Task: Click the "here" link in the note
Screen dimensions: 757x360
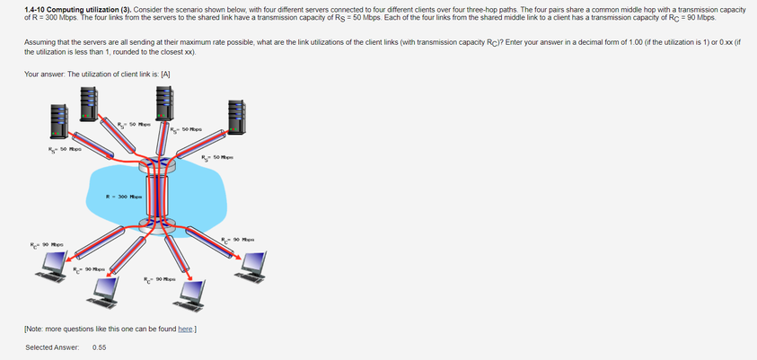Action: (x=186, y=329)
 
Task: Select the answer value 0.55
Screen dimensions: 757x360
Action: (x=100, y=347)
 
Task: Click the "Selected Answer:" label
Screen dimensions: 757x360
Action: (x=52, y=347)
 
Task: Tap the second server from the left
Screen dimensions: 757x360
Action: (x=89, y=102)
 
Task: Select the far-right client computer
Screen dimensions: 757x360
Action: (x=254, y=263)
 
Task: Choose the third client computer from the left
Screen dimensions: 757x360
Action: (x=191, y=291)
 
